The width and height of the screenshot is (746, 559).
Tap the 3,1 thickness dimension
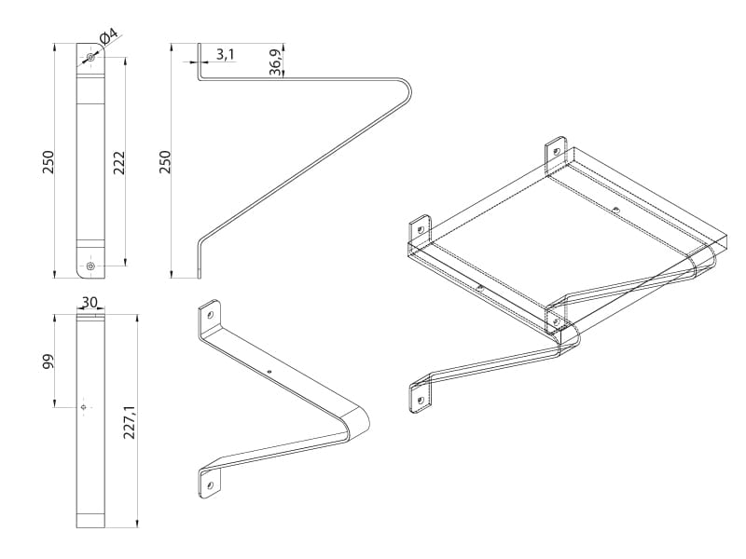pos(225,54)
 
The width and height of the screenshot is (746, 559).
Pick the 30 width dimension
pos(90,302)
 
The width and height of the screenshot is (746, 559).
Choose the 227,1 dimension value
pos(130,422)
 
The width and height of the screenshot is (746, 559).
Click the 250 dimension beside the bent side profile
pos(167,161)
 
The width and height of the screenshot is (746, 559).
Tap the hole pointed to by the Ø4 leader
pos(90,59)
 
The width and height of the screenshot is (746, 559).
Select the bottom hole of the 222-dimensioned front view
pos(90,266)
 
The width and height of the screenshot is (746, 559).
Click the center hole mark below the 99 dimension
pos(85,407)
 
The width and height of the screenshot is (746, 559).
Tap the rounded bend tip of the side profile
pos(409,90)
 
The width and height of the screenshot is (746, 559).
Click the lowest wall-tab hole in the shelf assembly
pos(421,399)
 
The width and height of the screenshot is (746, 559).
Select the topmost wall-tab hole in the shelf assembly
pos(555,149)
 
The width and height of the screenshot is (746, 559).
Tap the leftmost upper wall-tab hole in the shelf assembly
pos(421,228)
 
